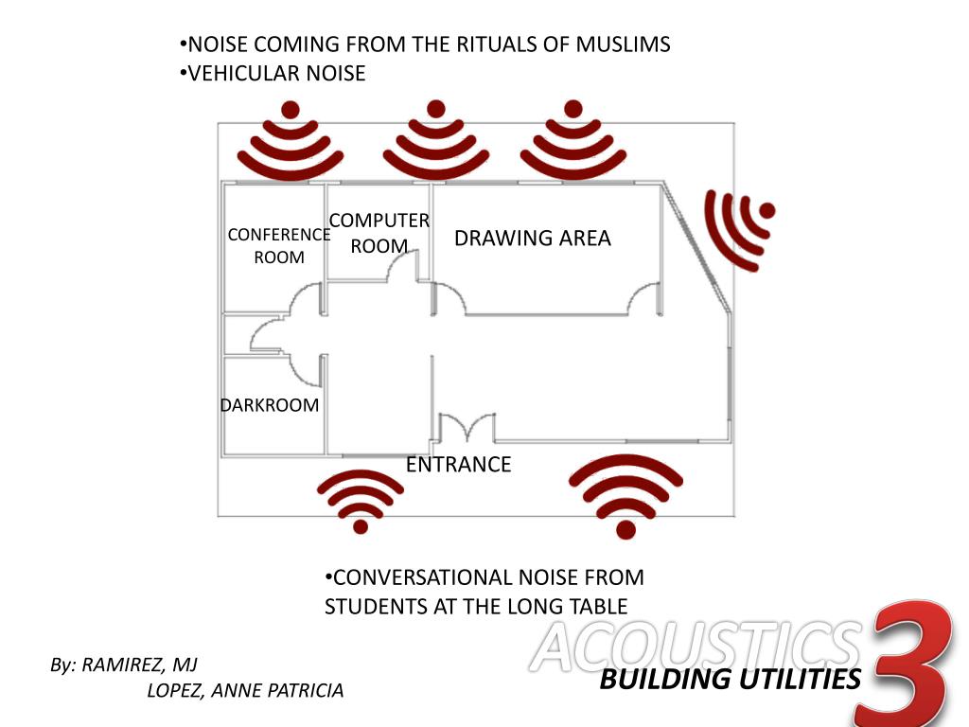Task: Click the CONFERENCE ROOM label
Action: pyautogui.click(x=279, y=246)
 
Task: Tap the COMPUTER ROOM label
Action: pyautogui.click(x=379, y=233)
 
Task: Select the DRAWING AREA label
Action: pyautogui.click(x=533, y=238)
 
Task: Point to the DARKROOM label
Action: pyautogui.click(x=270, y=405)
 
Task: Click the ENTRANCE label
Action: pyautogui.click(x=458, y=465)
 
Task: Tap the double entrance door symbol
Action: pyautogui.click(x=465, y=428)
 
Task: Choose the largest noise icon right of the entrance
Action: pyautogui.click(x=626, y=495)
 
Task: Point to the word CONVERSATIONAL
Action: pyautogui.click(x=410, y=577)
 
